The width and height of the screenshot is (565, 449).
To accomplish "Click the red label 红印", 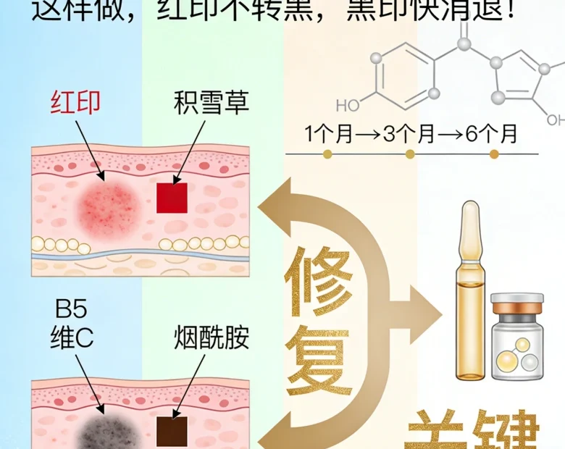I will tap(75, 104).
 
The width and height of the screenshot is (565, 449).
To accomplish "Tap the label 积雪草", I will tap(211, 104).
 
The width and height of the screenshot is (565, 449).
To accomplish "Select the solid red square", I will tap(172, 198).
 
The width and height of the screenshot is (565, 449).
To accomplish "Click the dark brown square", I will tap(172, 432).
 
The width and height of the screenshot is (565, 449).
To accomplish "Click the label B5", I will tap(72, 311).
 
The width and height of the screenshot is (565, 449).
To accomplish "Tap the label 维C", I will tap(72, 337).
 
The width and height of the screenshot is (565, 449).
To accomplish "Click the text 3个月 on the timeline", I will tap(410, 135).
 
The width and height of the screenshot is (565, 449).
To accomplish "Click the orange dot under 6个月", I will tap(494, 154).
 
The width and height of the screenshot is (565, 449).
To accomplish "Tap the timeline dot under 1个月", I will tap(327, 154).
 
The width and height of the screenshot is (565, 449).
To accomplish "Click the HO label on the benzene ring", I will tap(348, 106).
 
